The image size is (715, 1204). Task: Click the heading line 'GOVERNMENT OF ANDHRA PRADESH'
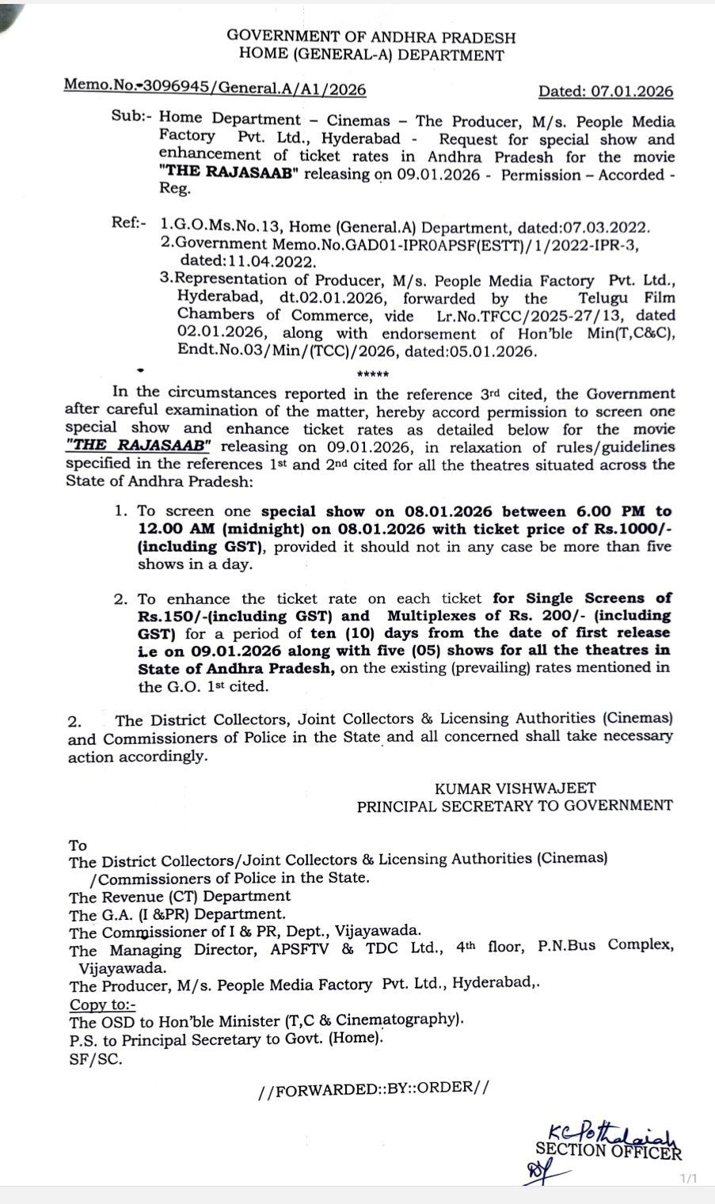pyautogui.click(x=371, y=37)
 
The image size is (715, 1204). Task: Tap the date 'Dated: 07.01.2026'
pyautogui.click(x=606, y=91)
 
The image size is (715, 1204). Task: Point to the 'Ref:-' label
pyautogui.click(x=130, y=224)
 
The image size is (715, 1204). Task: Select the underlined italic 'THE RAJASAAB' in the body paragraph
pyautogui.click(x=139, y=446)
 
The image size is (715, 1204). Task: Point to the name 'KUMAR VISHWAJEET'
pyautogui.click(x=515, y=788)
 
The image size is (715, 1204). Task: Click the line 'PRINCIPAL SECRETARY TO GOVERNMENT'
pyautogui.click(x=515, y=806)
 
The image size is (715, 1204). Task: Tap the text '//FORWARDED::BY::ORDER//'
pyautogui.click(x=373, y=1088)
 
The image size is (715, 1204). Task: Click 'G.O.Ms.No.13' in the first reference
pyautogui.click(x=215, y=226)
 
